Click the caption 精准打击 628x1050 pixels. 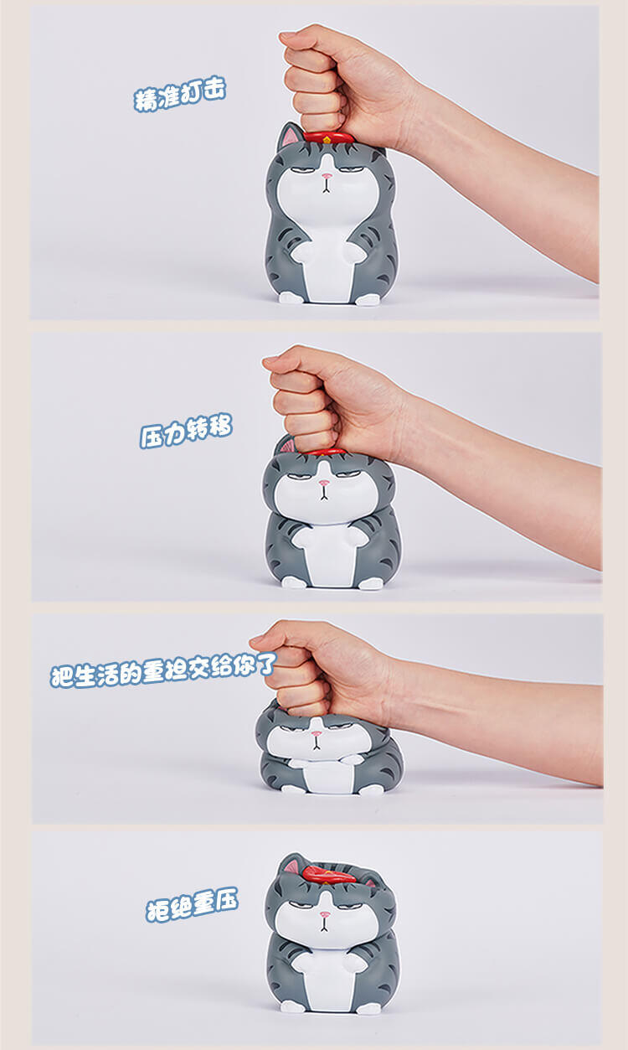coord(180,94)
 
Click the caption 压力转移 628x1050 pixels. coord(186,431)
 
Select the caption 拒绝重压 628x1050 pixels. coord(192,903)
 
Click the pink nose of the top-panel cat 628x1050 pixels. coord(327,176)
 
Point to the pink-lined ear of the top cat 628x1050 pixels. coord(289,135)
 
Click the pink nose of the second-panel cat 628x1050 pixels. coord(323,483)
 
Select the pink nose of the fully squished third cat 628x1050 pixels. coord(317,733)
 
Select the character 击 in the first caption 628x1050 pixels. coord(214,89)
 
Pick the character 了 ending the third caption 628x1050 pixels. coord(267,665)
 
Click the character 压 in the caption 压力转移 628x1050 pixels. coord(151,436)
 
